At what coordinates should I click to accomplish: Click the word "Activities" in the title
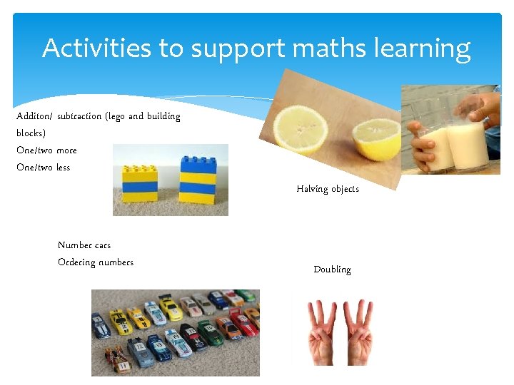97,48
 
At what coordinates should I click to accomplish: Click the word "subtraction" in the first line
80,116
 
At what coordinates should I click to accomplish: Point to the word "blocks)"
31,133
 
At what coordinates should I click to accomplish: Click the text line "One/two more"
46,150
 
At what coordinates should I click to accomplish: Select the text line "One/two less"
43,168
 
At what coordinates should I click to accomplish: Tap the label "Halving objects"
328,189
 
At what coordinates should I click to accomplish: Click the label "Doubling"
332,269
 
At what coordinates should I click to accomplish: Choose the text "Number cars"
84,245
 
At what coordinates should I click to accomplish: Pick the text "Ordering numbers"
96,262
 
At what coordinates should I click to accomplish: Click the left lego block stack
140,182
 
